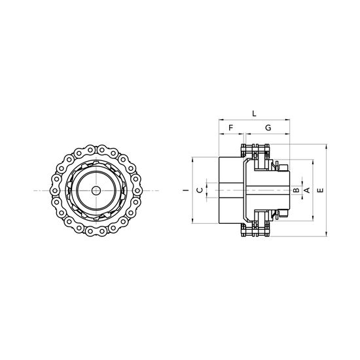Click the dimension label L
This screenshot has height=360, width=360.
coord(254,113)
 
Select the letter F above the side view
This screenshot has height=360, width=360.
coord(231,128)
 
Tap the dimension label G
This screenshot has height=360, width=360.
coord(268,128)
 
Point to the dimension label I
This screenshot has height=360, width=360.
coord(187,190)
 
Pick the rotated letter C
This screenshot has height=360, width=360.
coord(200,190)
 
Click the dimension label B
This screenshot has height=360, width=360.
coord(297,190)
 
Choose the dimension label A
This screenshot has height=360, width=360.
coord(307,190)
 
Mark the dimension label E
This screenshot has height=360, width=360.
coord(320,190)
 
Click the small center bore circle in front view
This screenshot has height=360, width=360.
coord(96,190)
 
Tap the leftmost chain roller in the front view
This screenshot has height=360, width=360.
coord(54,190)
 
